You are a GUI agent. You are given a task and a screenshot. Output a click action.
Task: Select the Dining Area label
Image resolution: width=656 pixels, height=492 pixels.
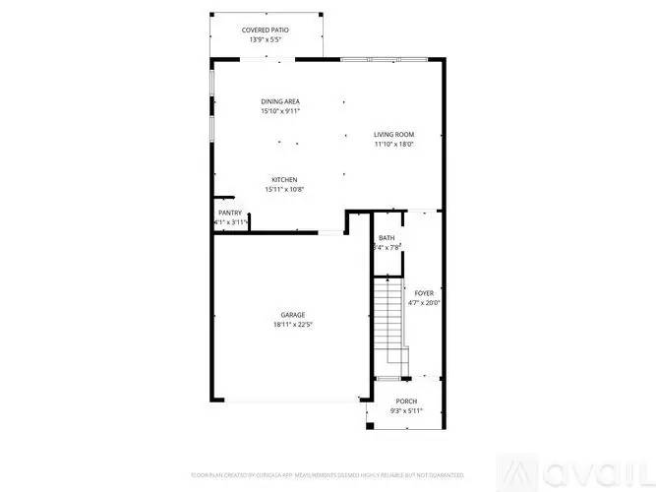tap(280, 101)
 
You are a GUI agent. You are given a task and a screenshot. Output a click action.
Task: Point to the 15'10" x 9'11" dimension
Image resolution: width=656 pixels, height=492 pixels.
tap(280, 111)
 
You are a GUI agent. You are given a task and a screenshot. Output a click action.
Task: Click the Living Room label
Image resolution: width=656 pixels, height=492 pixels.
tap(393, 135)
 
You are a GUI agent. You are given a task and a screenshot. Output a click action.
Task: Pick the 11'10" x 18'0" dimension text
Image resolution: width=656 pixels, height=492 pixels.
tap(393, 145)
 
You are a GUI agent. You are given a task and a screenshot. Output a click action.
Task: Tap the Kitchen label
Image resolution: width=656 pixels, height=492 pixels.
tap(285, 179)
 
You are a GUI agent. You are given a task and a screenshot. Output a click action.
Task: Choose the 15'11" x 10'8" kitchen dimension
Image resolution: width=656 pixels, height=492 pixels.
tap(285, 189)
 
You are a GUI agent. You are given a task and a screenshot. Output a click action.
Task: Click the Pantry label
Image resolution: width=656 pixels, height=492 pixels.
tap(230, 213)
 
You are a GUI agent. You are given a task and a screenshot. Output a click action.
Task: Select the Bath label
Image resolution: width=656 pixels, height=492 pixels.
tap(387, 238)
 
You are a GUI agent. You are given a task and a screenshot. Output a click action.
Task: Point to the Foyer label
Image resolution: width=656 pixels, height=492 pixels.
tap(424, 293)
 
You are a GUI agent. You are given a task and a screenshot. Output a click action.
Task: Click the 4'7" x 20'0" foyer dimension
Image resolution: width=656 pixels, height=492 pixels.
tap(424, 303)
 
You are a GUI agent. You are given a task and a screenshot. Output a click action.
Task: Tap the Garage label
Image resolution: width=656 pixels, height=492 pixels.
tap(292, 315)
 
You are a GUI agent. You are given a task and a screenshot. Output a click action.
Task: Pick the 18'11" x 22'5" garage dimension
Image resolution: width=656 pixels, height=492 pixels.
tap(292, 325)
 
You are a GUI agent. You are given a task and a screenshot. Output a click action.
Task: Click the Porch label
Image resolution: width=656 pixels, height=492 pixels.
tap(406, 401)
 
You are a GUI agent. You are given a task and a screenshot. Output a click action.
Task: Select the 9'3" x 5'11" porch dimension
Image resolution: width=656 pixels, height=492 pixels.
tap(406, 411)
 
